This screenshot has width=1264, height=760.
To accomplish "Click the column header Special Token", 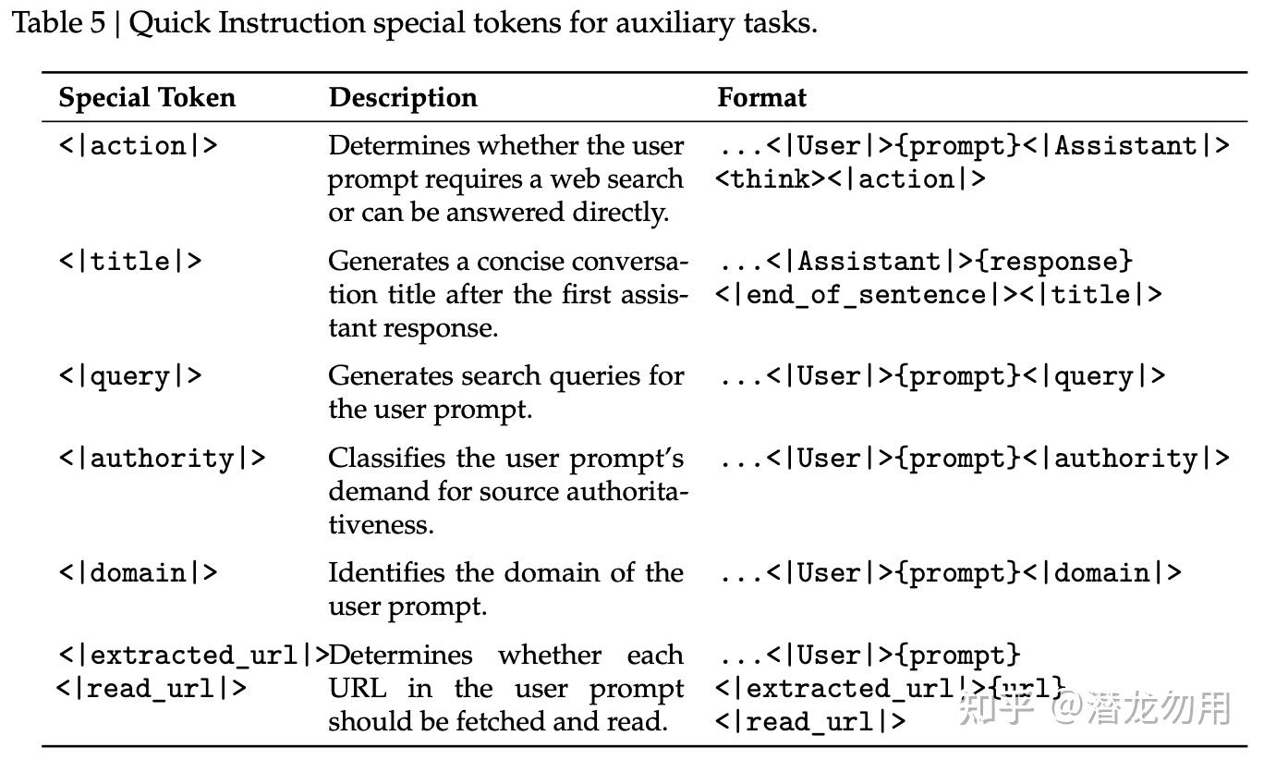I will click(x=147, y=98).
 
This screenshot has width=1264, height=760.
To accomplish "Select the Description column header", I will click(x=403, y=98).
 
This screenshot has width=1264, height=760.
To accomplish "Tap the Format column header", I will click(x=761, y=98).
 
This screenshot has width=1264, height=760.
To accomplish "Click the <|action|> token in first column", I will click(x=138, y=146).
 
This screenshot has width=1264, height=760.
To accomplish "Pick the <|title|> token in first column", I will click(x=129, y=262).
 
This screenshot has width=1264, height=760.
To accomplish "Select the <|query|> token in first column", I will click(x=129, y=376).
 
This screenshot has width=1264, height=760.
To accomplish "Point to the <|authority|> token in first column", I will click(x=162, y=459).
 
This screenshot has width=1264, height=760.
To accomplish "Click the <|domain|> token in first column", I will click(x=138, y=573).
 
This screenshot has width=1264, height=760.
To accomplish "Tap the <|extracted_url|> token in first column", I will click(x=193, y=656).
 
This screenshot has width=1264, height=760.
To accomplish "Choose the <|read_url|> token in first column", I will click(x=152, y=689).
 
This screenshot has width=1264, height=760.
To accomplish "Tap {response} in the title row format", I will click(x=1053, y=262).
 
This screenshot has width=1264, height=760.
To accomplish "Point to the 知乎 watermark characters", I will click(x=996, y=708).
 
